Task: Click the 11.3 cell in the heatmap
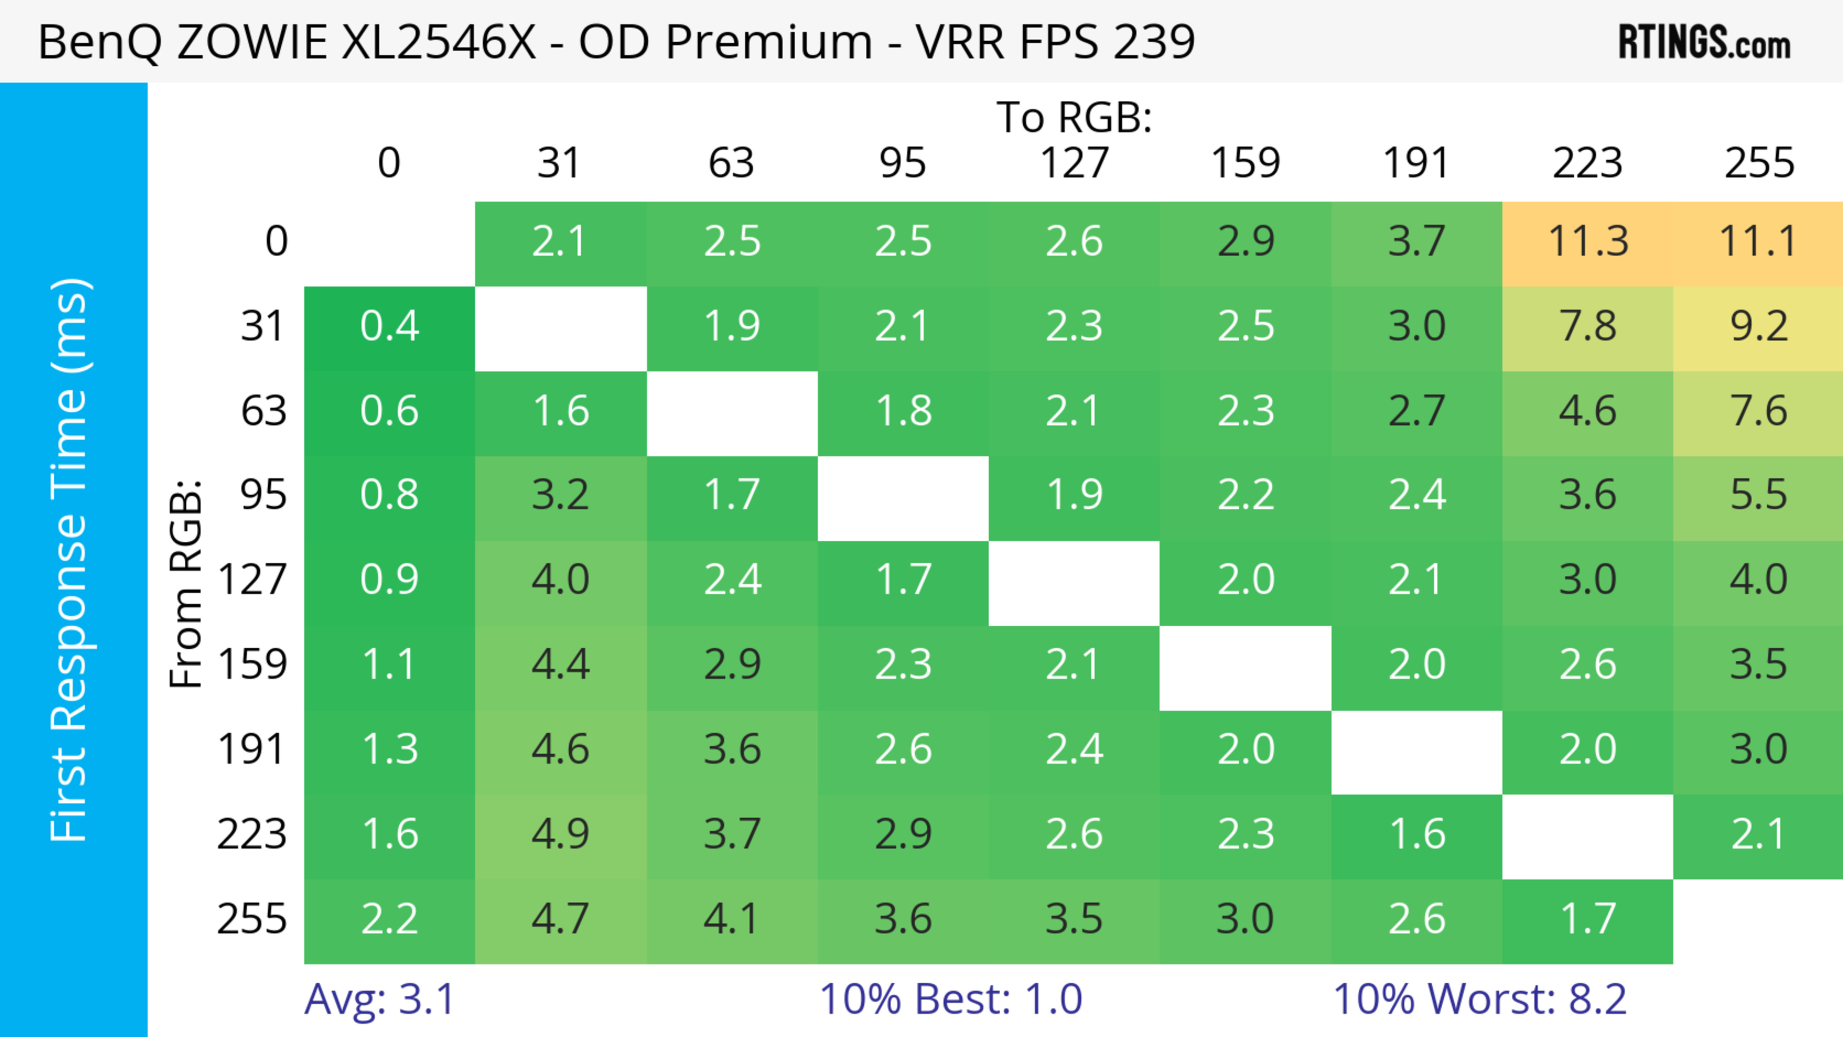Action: pos(1588,242)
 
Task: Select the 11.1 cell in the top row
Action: pos(1758,242)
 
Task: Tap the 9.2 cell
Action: pos(1758,327)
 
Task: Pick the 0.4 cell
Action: pos(389,327)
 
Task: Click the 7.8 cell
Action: pos(1588,327)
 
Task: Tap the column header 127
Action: pos(1074,163)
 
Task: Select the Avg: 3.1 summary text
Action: pos(379,999)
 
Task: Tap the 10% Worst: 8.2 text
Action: pos(1480,999)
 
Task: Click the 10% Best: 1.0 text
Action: pos(950,999)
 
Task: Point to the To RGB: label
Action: pos(1074,117)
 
